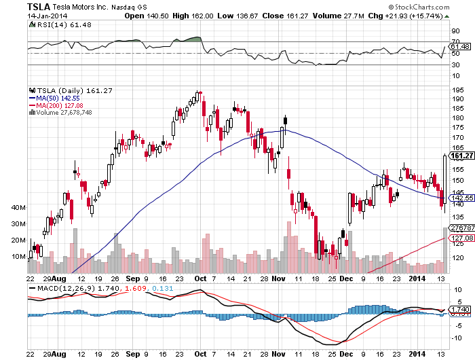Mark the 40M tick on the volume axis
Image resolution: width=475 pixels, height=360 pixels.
(19, 207)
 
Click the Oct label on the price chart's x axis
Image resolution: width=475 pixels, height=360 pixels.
(201, 278)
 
